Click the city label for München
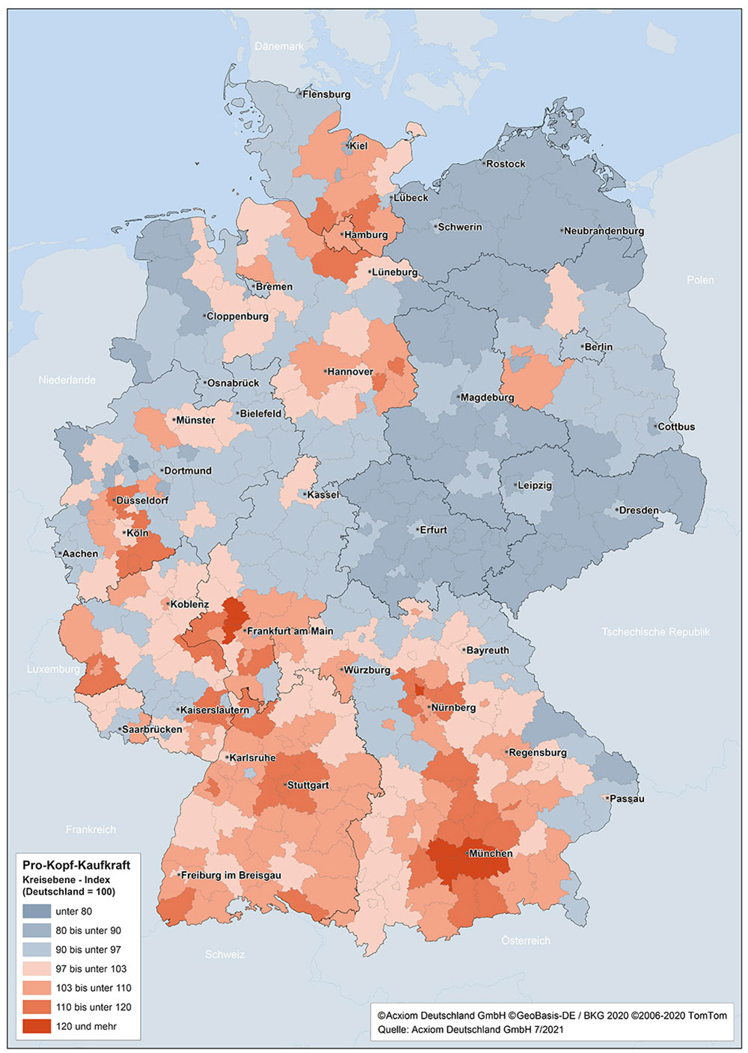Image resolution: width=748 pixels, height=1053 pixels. (491, 853)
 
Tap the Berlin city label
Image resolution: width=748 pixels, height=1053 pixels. (598, 347)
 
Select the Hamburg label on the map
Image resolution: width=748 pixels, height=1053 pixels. (366, 235)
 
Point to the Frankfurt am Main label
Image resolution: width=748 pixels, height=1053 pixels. (289, 631)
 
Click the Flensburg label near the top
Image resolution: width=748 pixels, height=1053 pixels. (326, 94)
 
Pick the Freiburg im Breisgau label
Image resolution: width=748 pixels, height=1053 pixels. (231, 875)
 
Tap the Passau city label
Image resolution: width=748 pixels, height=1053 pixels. (627, 799)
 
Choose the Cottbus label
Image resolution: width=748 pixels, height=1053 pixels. (676, 427)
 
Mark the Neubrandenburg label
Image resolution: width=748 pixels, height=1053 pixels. (604, 231)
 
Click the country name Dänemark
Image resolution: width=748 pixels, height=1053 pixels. (279, 46)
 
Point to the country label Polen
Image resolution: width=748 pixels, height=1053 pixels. (700, 280)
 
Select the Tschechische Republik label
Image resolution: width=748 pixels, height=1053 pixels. (655, 632)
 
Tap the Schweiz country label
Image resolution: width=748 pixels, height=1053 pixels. (224, 954)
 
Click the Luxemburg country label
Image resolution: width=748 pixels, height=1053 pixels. (53, 669)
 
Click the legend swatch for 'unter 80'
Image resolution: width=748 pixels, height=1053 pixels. (37, 911)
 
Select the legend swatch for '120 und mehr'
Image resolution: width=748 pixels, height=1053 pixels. (37, 1026)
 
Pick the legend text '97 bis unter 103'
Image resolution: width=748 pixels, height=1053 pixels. (91, 968)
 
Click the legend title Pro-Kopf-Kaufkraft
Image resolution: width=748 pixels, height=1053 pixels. (76, 865)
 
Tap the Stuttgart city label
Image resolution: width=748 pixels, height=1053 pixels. (308, 785)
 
